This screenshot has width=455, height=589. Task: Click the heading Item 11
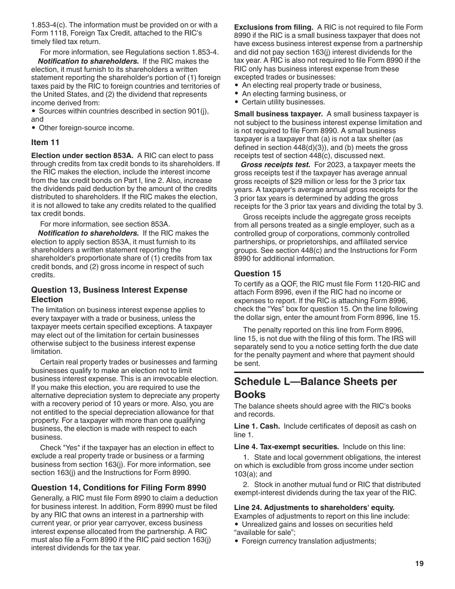point(45,142)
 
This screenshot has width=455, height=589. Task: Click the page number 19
point(419,564)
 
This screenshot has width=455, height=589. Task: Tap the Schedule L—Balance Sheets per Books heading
point(315,388)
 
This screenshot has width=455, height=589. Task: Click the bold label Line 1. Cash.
point(257,426)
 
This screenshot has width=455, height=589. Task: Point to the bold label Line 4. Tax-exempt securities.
point(286,446)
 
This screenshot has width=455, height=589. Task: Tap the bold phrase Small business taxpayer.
point(278,114)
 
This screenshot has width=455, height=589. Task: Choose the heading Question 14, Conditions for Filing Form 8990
point(118,487)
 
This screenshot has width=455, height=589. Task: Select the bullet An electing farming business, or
point(294,94)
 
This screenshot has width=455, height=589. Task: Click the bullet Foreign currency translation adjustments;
point(308,541)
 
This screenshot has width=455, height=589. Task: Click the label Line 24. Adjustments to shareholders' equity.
point(314,508)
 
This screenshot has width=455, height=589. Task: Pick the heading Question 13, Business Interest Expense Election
point(109,294)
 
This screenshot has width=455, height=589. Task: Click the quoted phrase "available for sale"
point(261,532)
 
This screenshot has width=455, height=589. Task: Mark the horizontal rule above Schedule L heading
point(329,372)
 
